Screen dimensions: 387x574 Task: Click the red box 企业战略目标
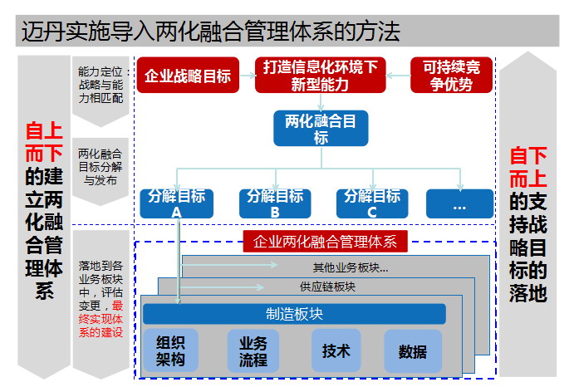pyautogui.click(x=188, y=76)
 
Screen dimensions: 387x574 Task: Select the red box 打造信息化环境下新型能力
pyautogui.click(x=320, y=76)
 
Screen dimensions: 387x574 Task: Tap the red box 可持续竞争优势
pyautogui.click(x=451, y=76)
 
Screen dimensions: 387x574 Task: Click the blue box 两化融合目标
pyautogui.click(x=320, y=128)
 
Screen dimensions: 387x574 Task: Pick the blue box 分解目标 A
pyautogui.click(x=176, y=203)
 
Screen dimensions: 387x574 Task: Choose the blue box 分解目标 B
pyautogui.click(x=274, y=203)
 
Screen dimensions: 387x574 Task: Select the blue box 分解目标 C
pyautogui.click(x=371, y=203)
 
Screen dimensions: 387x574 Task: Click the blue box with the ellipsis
pyautogui.click(x=459, y=203)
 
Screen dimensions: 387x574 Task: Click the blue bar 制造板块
pyautogui.click(x=294, y=313)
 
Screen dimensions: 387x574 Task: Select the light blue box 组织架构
pyautogui.click(x=170, y=350)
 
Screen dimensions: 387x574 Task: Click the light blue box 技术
pyautogui.click(x=336, y=350)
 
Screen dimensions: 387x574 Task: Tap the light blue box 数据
pyautogui.click(x=412, y=350)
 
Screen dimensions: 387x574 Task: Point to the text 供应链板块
pyautogui.click(x=327, y=287)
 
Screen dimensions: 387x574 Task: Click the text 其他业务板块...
pyautogui.click(x=348, y=267)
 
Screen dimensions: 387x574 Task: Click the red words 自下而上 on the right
pyautogui.click(x=528, y=164)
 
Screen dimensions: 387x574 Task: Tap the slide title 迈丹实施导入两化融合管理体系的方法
pyautogui.click(x=209, y=32)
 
